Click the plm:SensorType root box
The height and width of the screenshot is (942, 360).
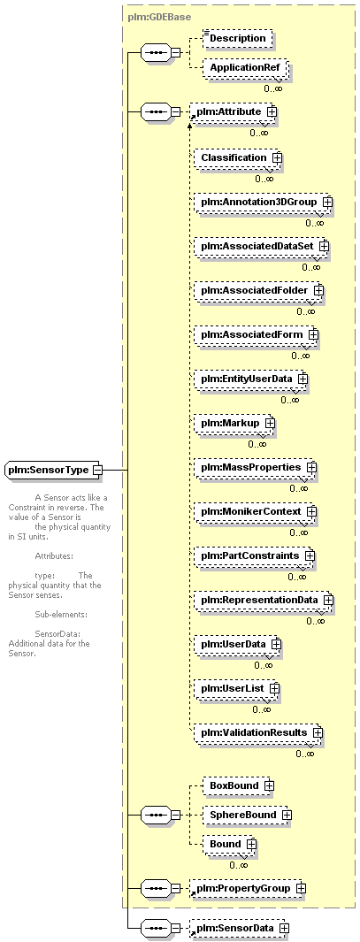[x=53, y=470]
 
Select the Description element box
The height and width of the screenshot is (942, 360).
[x=237, y=38]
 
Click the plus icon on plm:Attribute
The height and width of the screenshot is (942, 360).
[x=272, y=111]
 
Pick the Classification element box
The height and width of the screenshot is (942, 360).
[x=237, y=157]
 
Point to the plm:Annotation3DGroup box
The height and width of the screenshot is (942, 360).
[x=263, y=202]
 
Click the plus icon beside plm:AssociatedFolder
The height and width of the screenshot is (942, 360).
[x=318, y=291]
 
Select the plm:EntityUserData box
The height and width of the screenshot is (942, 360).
[x=250, y=379]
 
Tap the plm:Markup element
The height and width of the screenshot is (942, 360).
[x=234, y=424]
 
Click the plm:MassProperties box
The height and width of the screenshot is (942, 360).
[x=256, y=467]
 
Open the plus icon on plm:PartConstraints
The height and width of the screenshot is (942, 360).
[x=310, y=556]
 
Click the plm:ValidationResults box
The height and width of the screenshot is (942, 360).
[x=258, y=733]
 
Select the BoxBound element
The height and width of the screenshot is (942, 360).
[x=238, y=785]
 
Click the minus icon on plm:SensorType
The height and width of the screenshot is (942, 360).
[x=96, y=470]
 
